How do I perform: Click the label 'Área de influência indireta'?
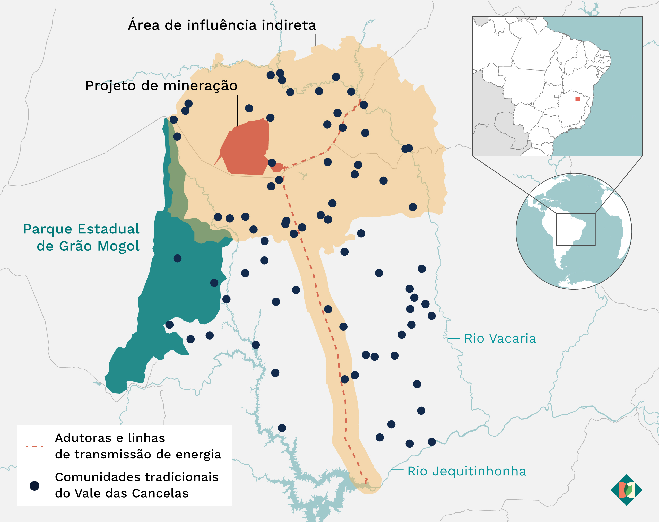222,25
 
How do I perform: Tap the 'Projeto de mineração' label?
161,85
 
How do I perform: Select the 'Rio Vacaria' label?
500,339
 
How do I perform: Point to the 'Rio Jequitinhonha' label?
467,471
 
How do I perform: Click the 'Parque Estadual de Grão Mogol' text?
81,238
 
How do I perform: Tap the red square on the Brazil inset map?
577,99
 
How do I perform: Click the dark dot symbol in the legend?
34,486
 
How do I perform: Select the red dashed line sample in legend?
34,447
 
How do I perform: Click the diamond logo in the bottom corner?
626,490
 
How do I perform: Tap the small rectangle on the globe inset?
576,229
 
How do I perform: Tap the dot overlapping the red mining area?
272,163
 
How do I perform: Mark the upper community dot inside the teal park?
177,258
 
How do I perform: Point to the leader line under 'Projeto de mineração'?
238,110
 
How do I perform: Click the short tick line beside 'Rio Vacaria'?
454,339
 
